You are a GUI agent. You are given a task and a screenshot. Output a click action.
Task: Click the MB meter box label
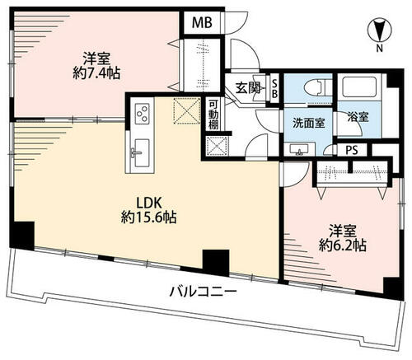[202, 22]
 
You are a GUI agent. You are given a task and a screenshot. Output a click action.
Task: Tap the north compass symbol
[379, 30]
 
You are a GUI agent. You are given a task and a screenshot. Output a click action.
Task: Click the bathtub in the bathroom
[359, 86]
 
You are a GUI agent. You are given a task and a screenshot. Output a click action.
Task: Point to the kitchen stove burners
[142, 113]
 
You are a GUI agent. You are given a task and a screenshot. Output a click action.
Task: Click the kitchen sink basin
[142, 152]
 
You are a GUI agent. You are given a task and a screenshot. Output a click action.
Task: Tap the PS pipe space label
[352, 150]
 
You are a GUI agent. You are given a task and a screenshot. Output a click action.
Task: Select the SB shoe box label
[274, 88]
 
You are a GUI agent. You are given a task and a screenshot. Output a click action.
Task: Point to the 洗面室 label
[309, 124]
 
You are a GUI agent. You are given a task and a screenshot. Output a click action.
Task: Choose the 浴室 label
[358, 118]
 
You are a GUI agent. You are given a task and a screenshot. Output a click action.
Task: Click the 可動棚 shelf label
[213, 115]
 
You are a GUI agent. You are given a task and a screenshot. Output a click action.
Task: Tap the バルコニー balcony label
[203, 292]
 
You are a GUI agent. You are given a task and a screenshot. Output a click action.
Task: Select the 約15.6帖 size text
[148, 217]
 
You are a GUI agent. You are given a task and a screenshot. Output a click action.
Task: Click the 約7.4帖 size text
[96, 73]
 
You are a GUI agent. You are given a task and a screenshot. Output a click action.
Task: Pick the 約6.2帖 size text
[343, 245]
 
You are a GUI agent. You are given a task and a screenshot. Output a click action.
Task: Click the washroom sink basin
[300, 149]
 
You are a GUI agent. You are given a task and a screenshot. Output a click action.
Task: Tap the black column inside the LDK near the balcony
[216, 262]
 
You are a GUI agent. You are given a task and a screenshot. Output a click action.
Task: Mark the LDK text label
[148, 203]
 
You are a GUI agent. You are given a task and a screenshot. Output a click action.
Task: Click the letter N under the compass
[379, 49]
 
